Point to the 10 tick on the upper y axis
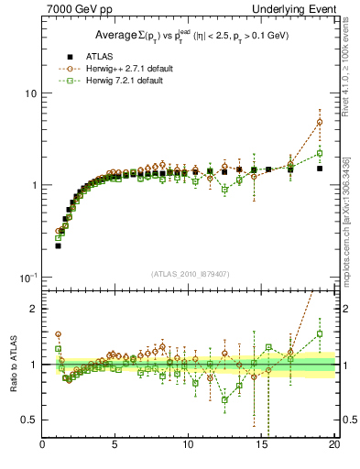coord(31,93)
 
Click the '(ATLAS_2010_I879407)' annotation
coord(190,274)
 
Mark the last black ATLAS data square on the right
coord(320,169)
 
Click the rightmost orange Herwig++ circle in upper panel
coord(320,122)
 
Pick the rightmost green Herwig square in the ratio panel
coord(320,333)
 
